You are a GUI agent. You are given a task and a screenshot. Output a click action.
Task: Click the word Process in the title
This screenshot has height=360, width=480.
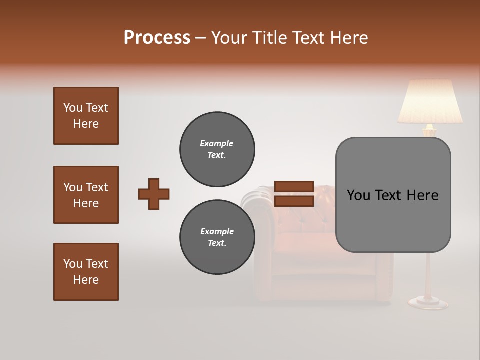click(157, 38)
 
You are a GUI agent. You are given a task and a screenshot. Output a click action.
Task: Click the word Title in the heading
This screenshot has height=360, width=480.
click(269, 38)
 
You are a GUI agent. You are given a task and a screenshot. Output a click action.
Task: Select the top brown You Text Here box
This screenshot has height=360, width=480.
click(86, 116)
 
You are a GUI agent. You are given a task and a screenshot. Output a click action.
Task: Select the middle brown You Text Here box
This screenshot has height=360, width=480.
click(86, 195)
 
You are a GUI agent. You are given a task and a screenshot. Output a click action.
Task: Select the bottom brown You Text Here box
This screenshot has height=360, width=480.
click(86, 272)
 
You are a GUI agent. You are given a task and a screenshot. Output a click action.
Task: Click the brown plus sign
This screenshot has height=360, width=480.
click(154, 194)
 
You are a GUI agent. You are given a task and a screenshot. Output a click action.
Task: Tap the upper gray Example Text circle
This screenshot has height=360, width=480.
click(217, 149)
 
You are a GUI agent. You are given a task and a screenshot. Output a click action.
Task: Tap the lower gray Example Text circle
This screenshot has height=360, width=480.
click(217, 237)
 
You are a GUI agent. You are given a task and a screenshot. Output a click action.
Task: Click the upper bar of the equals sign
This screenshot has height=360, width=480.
click(294, 187)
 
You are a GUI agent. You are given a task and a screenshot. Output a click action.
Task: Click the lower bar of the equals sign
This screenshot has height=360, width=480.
click(294, 201)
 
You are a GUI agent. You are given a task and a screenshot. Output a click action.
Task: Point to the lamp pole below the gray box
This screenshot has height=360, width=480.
click(429, 275)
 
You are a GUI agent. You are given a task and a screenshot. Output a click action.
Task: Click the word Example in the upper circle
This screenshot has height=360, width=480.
click(217, 143)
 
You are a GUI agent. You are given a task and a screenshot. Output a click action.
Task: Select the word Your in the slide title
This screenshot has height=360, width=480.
click(228, 38)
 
